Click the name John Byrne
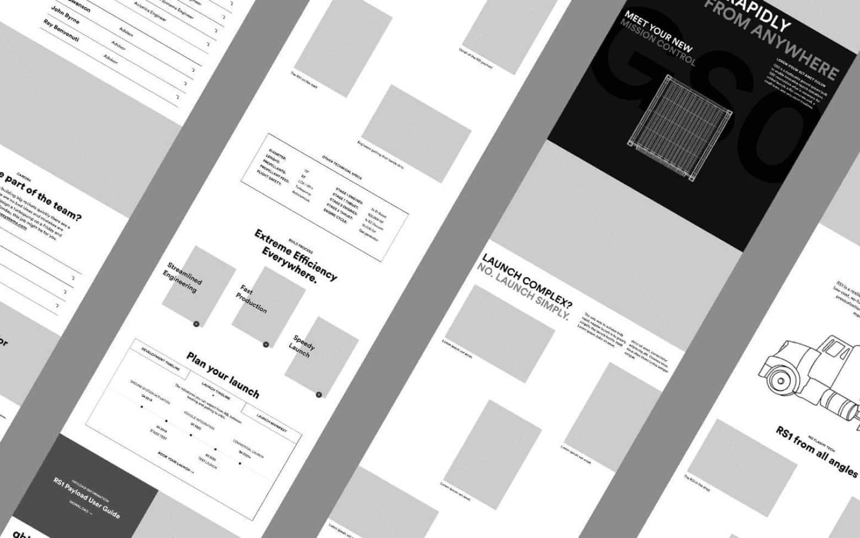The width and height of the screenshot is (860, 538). (65, 15)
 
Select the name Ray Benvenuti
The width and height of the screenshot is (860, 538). (61, 31)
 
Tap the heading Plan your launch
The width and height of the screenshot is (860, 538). (223, 375)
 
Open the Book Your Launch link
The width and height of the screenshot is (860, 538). (176, 462)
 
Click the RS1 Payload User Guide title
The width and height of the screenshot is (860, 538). (87, 498)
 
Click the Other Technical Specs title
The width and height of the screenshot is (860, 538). (342, 167)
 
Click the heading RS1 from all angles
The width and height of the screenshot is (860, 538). (817, 451)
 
